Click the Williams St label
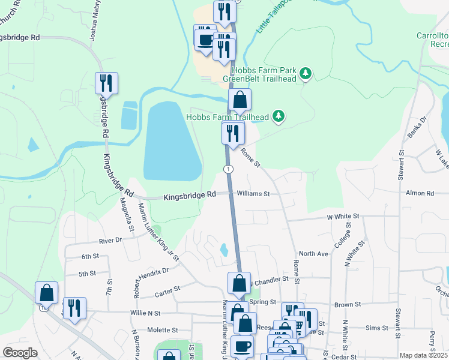[x=253, y=194]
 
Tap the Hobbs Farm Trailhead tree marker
[x=278, y=116]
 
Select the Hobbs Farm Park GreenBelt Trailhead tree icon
[x=306, y=73]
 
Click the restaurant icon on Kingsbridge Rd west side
[x=106, y=83]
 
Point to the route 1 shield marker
[x=229, y=169]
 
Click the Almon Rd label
[x=420, y=193]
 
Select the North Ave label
[x=313, y=254]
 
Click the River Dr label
[x=110, y=240]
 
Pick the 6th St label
[x=90, y=256]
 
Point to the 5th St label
[x=87, y=274]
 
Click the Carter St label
[x=167, y=290]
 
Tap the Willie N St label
[x=146, y=313]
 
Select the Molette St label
[x=163, y=330]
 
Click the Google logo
[x=20, y=353]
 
